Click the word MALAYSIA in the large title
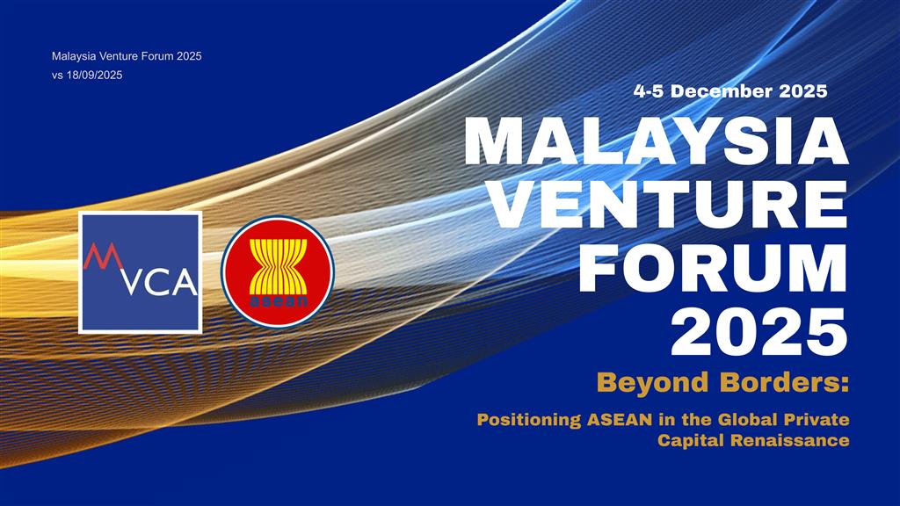coord(656,141)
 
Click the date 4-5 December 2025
coord(730,91)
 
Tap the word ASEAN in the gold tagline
coord(620,419)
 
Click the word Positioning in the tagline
coord(529,420)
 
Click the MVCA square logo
coord(140,272)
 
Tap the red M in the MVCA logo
coord(103,257)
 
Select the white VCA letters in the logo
coord(160,282)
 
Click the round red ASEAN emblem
coord(278,272)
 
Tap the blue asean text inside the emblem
coord(279,301)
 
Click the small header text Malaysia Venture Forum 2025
coord(127,56)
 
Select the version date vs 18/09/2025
coord(87,76)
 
